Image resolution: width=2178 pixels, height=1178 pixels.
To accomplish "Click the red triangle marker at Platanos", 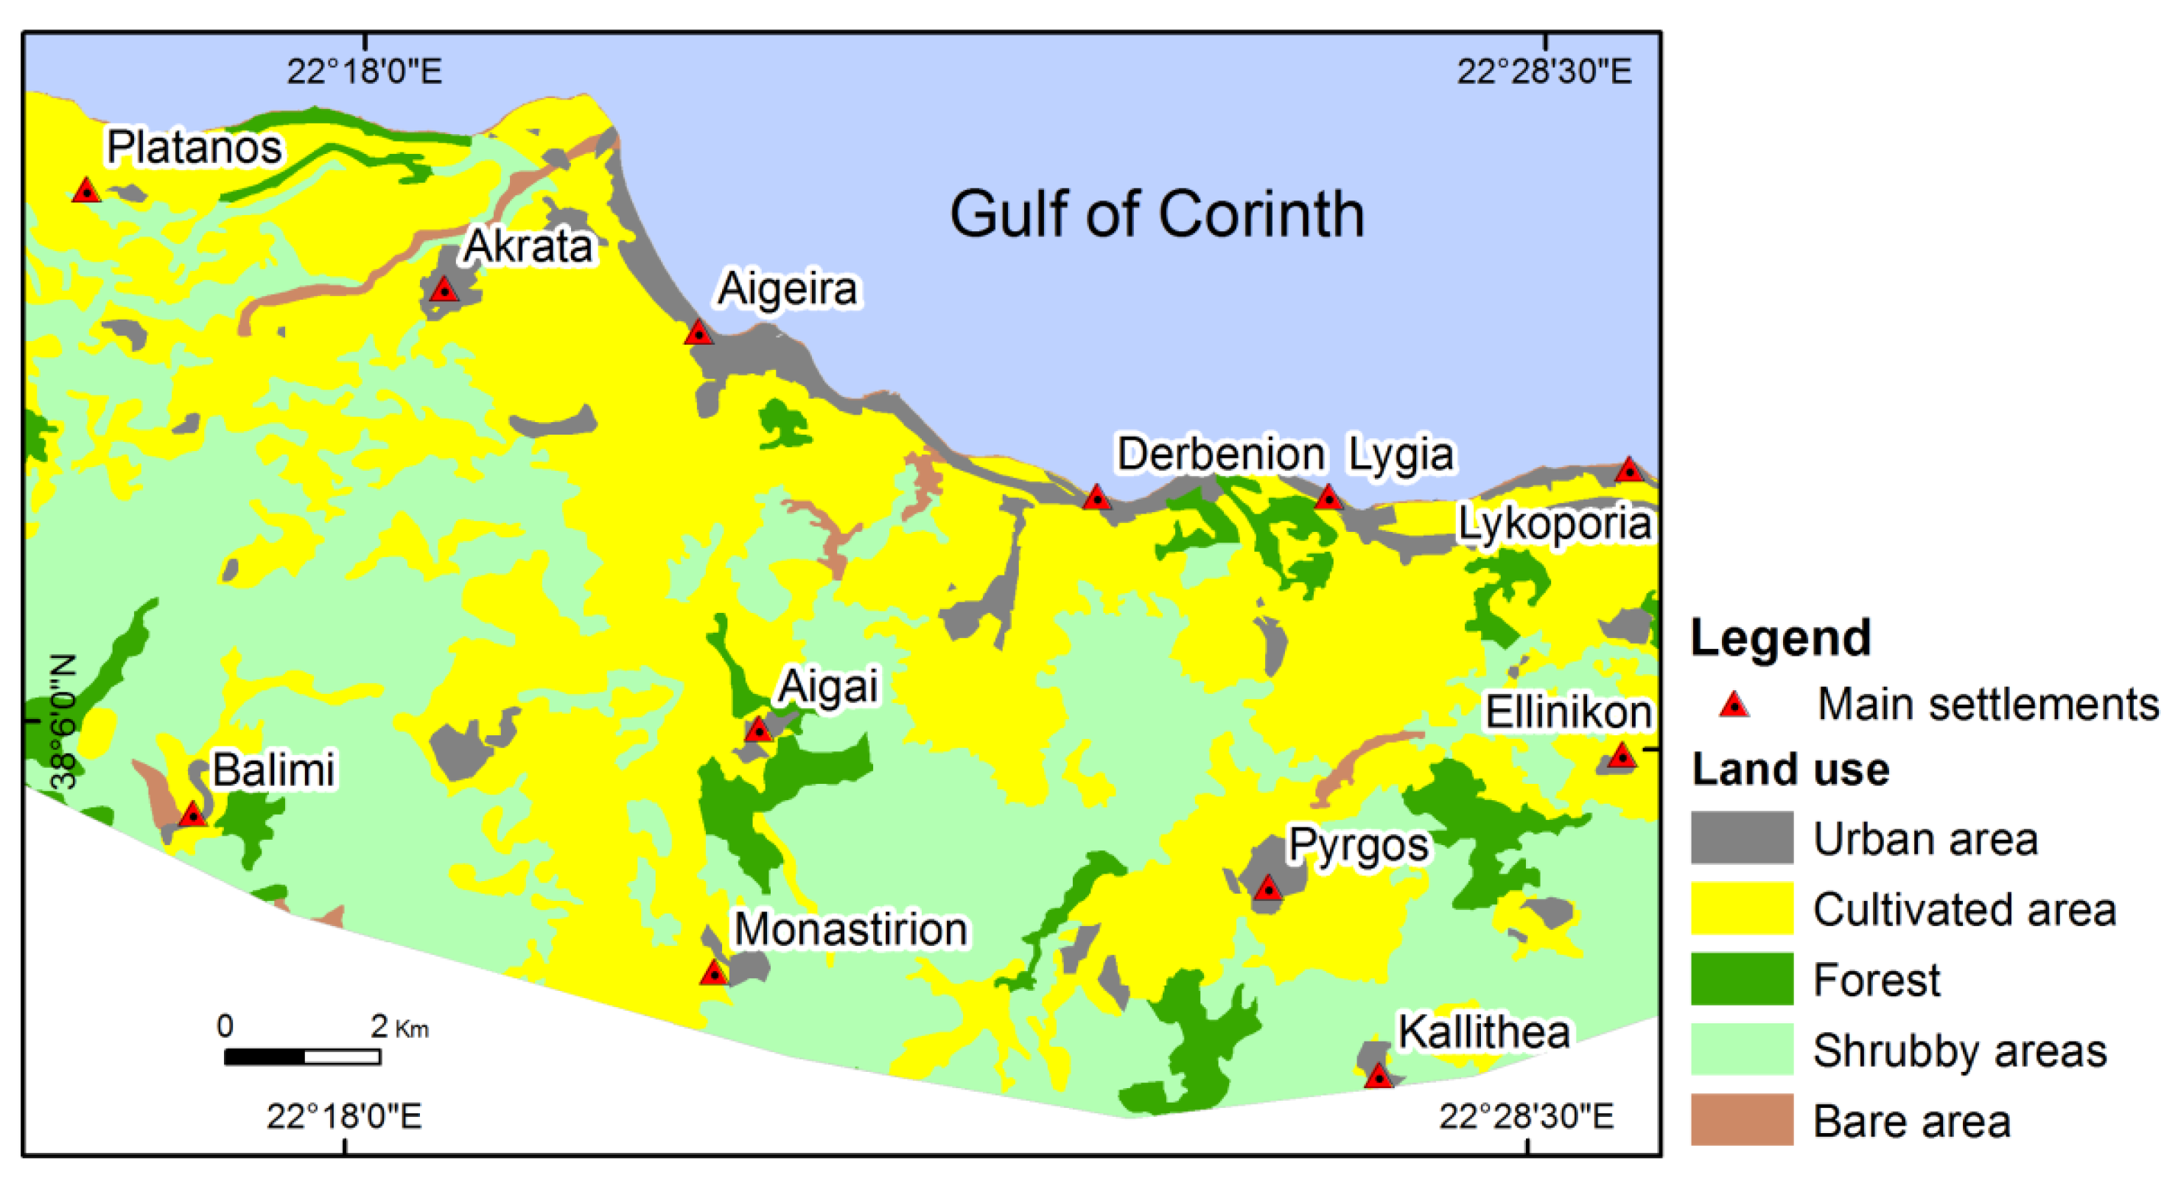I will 86,191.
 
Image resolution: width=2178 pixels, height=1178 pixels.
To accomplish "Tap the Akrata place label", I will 528,246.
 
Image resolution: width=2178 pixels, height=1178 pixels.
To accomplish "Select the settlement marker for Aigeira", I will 699,333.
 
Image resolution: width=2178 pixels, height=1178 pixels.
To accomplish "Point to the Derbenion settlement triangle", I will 1096,498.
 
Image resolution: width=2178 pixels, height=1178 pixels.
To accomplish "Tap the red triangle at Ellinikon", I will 1621,756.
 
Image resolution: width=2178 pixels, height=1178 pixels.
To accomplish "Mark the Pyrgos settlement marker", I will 1267,888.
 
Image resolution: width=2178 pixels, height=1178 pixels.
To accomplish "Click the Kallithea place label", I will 1484,1031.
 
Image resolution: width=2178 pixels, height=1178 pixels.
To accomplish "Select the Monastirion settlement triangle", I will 715,974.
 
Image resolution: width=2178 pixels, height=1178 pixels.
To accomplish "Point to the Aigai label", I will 827,685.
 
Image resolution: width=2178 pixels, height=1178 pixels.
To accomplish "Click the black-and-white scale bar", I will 302,1056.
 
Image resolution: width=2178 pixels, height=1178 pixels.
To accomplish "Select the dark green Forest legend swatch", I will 1742,979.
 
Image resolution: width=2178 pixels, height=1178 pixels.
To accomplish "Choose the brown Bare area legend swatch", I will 1742,1120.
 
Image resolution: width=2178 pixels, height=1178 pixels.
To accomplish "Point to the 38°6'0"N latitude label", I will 63,721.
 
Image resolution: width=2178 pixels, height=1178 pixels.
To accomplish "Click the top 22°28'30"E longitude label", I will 1544,71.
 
